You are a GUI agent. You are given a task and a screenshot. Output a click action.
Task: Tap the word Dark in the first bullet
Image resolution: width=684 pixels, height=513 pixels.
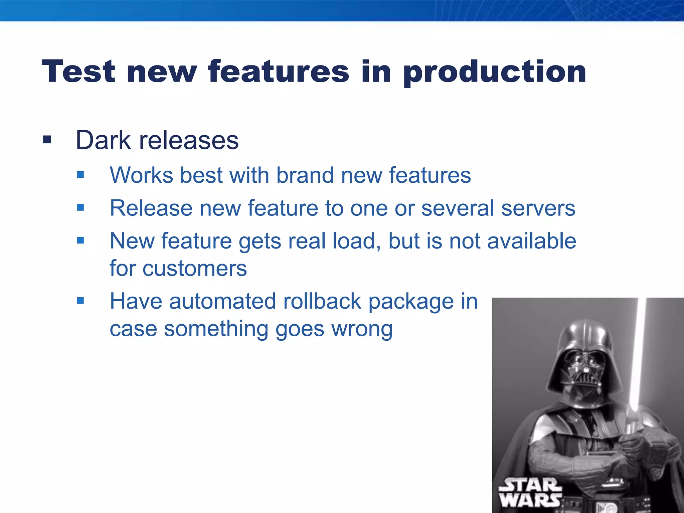click(103, 140)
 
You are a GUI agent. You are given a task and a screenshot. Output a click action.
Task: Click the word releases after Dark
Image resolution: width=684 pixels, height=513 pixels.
click(189, 140)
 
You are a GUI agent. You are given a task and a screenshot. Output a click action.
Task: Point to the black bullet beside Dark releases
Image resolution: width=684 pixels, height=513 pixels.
click(47, 139)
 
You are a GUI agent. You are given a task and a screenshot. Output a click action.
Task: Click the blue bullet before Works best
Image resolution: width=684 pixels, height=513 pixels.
click(80, 174)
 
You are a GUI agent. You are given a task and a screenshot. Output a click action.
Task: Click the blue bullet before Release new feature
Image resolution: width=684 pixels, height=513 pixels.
click(80, 208)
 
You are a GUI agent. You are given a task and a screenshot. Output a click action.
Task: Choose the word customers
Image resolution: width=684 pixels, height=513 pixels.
click(195, 268)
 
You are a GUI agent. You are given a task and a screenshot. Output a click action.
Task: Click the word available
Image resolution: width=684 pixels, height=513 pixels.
click(532, 241)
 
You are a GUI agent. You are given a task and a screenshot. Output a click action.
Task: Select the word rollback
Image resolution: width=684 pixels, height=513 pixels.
click(322, 301)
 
